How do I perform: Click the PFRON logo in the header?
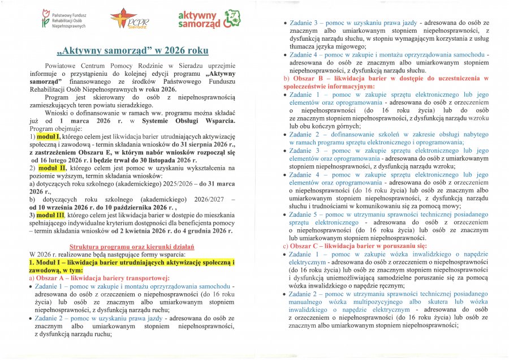(x=62, y=19)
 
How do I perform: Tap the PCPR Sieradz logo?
(x=127, y=19)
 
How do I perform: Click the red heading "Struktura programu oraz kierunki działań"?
(x=131, y=247)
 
